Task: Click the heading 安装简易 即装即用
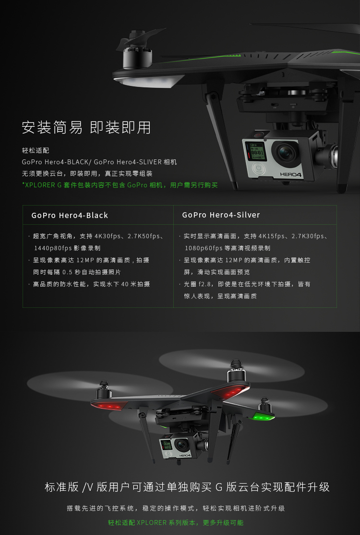pyautogui.click(x=86, y=128)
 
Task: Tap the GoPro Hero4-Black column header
pyautogui.click(x=70, y=215)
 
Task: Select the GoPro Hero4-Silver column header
pyautogui.click(x=221, y=215)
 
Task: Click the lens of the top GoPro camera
pyautogui.click(x=286, y=153)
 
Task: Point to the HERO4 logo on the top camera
pyautogui.click(x=291, y=174)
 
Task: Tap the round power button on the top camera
pyautogui.click(x=258, y=169)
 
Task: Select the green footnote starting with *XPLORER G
pyautogui.click(x=120, y=185)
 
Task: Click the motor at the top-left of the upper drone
pyautogui.click(x=137, y=52)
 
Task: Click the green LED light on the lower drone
pyautogui.click(x=263, y=416)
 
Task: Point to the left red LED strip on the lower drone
pyautogui.click(x=109, y=406)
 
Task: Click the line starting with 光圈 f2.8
pyautogui.click(x=245, y=284)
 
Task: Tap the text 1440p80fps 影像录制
pyautogui.click(x=67, y=248)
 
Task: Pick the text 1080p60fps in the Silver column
pyautogui.click(x=204, y=248)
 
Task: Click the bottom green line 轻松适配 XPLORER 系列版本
pyautogui.click(x=176, y=523)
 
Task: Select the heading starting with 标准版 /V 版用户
pyautogui.click(x=187, y=487)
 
